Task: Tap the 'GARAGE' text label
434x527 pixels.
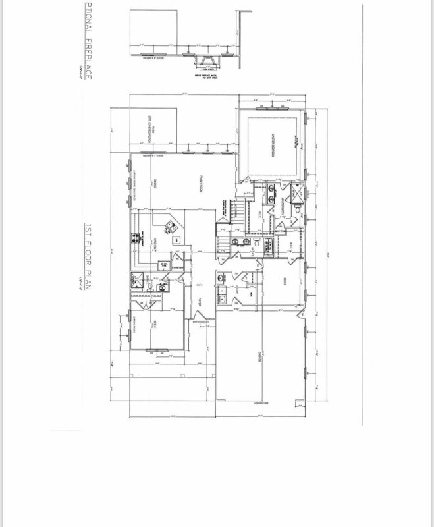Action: click(261, 359)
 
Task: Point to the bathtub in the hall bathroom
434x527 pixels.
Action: click(270, 246)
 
